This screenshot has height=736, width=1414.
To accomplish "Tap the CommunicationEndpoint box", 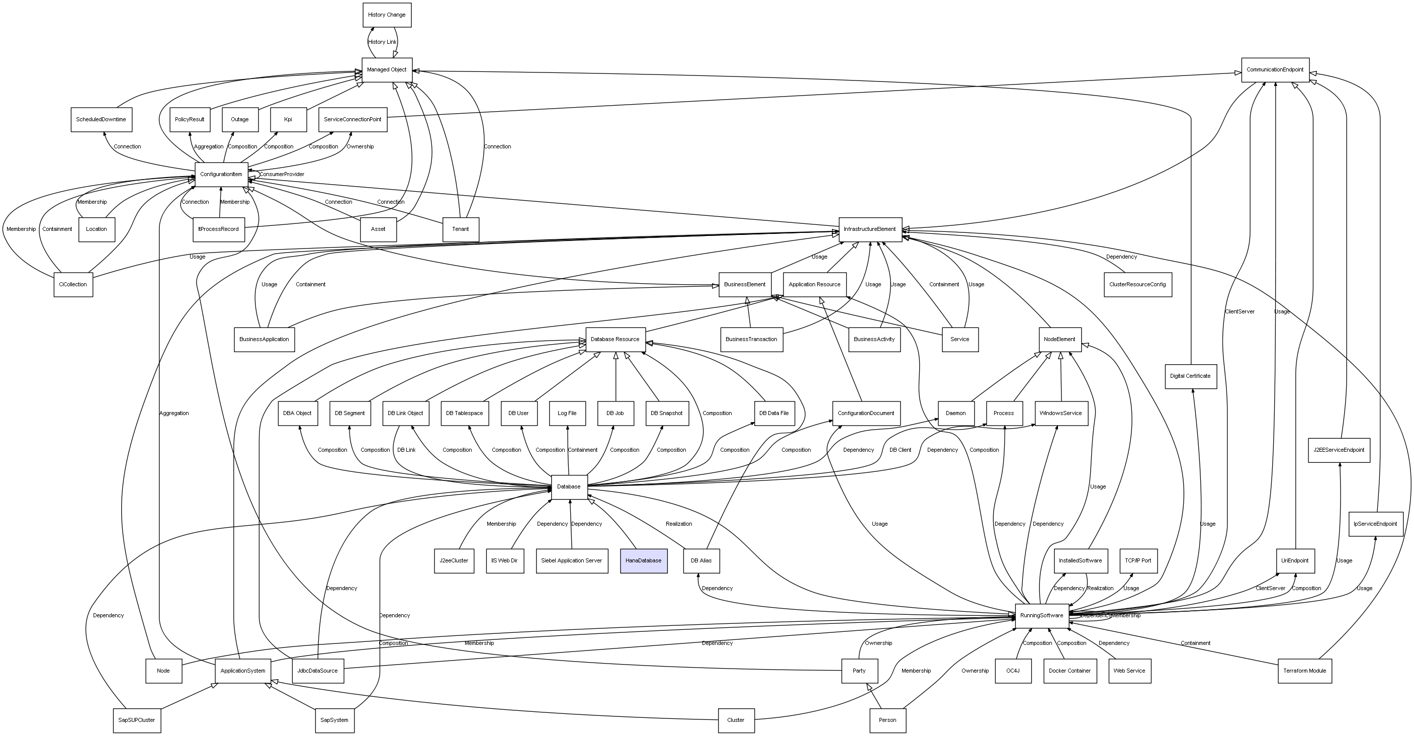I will [1275, 70].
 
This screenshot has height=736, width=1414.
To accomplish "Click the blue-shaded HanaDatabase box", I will [643, 561].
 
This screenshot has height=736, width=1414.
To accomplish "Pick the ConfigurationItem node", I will [221, 175].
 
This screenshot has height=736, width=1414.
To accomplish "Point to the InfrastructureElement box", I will [870, 229].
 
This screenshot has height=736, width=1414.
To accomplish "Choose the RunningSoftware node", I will [1041, 616].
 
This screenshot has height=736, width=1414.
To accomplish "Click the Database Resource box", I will [615, 340].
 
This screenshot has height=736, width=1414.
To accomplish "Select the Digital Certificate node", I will [1190, 376].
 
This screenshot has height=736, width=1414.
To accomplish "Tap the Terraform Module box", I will [1304, 671].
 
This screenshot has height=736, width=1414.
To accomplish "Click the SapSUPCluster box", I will [137, 720].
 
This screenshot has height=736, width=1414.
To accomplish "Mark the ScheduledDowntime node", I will [101, 120].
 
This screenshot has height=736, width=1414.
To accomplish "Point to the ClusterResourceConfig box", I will [1137, 285].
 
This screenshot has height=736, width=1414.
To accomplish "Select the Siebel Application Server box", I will [571, 561].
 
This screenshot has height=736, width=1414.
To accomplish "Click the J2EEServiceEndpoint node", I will [1339, 450].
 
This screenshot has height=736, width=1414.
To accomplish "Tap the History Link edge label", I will [382, 42].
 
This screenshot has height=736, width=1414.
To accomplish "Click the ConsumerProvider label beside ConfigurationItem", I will [282, 175].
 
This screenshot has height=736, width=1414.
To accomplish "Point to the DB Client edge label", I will [900, 450].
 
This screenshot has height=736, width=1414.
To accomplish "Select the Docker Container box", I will [1069, 671].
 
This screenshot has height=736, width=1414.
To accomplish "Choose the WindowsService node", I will [1060, 413].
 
